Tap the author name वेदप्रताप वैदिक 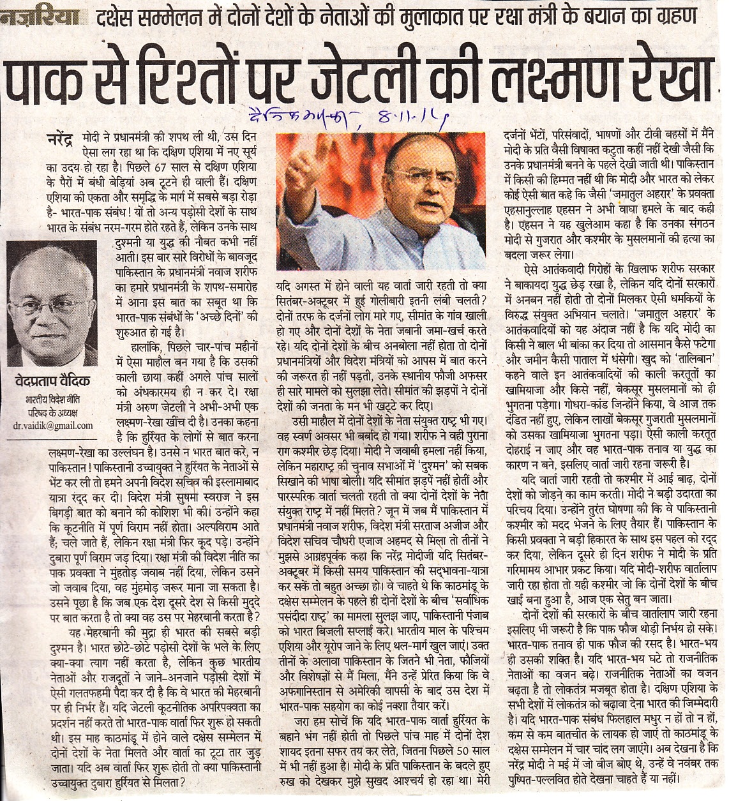(x=52, y=381)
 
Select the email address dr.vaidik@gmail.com (x=52, y=425)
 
